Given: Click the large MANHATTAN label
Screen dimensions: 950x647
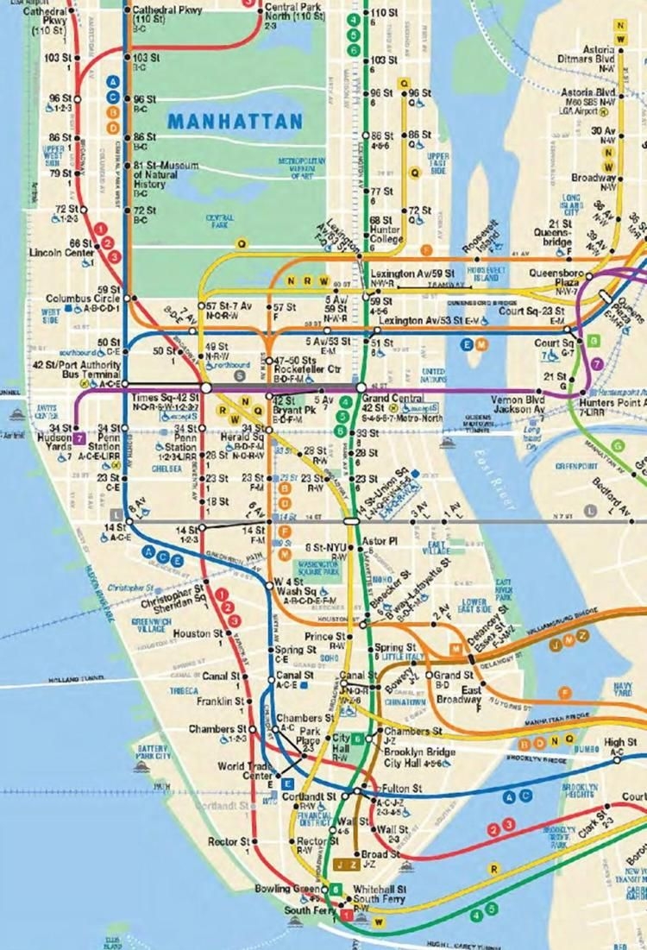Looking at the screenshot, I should coord(235,121).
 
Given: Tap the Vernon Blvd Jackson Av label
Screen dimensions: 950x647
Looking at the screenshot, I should coord(518,405).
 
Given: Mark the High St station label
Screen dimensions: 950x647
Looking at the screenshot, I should coord(619,742).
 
